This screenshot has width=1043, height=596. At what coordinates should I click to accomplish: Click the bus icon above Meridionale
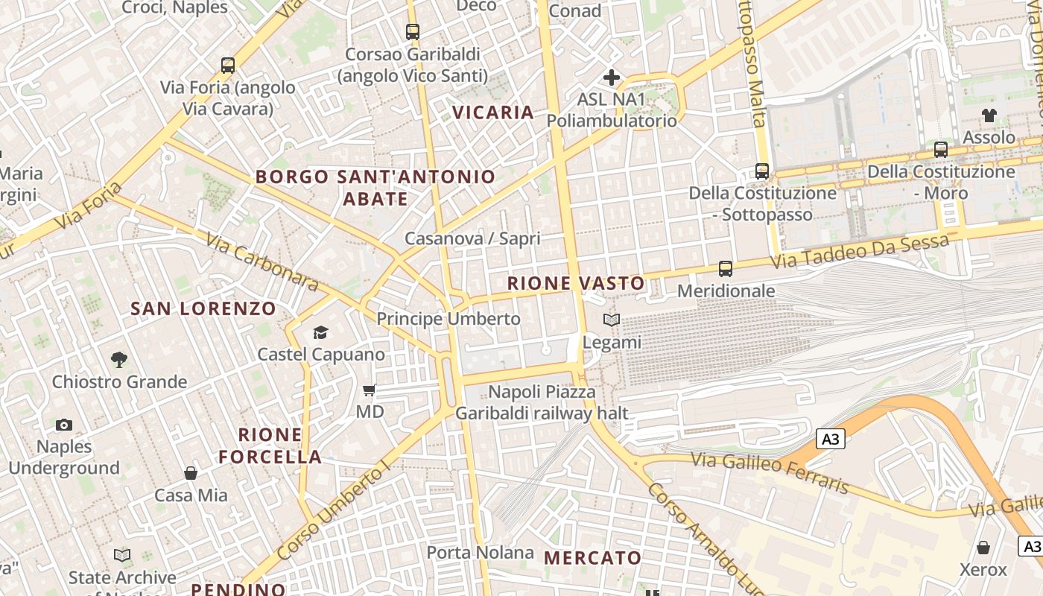(726, 269)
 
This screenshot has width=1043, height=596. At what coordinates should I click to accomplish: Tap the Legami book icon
(612, 320)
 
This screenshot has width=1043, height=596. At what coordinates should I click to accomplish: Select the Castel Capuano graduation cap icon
(320, 332)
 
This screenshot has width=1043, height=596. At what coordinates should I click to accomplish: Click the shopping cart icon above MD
(369, 390)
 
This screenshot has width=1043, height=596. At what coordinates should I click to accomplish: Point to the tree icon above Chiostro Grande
(118, 360)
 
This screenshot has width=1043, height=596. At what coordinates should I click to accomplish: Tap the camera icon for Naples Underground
(64, 425)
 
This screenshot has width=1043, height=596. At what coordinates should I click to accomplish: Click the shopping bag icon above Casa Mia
(191, 473)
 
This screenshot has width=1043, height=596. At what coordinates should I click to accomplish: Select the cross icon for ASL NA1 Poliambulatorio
(612, 77)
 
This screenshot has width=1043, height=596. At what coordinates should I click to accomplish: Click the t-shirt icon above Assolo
(989, 115)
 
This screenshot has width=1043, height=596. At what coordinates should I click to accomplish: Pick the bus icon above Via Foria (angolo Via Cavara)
(228, 66)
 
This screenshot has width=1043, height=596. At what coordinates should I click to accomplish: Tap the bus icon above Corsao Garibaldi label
(413, 32)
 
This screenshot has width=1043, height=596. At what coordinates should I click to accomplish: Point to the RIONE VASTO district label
(576, 283)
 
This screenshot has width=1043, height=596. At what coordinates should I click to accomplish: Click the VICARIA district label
(493, 112)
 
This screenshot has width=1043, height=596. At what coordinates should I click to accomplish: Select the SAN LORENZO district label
(203, 308)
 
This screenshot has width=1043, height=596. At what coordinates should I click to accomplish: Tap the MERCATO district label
(592, 558)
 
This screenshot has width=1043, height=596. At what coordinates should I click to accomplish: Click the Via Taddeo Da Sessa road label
(860, 252)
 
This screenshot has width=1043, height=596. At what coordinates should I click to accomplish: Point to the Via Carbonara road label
(261, 264)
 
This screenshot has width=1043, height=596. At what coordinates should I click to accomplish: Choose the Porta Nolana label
(480, 553)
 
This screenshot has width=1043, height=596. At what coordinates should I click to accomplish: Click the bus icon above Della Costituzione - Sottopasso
(761, 171)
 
